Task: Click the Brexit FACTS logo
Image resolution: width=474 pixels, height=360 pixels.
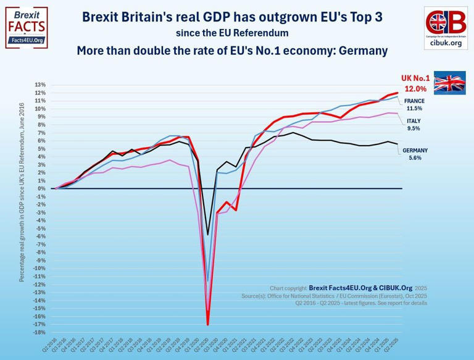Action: coord(26,28)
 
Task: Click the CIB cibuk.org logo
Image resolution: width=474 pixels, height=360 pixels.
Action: coord(446,27)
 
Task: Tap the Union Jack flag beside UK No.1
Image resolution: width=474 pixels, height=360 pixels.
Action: coord(449,82)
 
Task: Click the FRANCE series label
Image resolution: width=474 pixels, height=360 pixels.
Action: coord(414,101)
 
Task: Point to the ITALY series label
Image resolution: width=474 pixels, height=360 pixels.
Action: coord(414,121)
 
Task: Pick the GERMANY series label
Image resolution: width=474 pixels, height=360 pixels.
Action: coord(415,150)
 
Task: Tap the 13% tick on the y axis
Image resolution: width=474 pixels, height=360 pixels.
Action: coord(41,85)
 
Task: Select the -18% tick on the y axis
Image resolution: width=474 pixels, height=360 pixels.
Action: coord(39,333)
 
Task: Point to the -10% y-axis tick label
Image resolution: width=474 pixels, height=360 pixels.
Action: coord(39,269)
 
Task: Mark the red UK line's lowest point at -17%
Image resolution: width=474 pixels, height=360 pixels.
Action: coord(208,325)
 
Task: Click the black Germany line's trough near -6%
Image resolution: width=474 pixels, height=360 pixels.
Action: coord(208,235)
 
